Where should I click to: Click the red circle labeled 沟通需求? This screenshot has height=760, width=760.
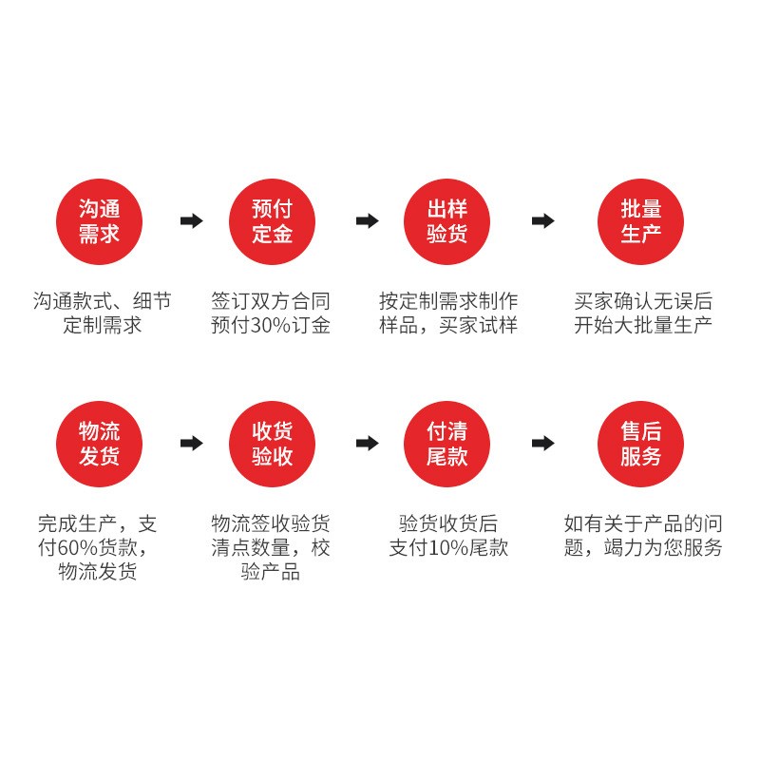(x=99, y=221)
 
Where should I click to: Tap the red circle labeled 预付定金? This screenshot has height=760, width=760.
(x=272, y=221)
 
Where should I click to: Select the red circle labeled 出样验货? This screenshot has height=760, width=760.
(x=447, y=221)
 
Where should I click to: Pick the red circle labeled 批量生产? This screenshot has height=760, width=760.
(x=641, y=221)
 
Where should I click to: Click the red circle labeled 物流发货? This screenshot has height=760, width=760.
(x=99, y=444)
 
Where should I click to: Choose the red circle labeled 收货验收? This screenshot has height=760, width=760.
(x=272, y=444)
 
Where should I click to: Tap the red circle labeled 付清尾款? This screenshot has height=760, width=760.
(x=447, y=444)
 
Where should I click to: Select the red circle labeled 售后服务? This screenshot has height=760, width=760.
(x=641, y=444)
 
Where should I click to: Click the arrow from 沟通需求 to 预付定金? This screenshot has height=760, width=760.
(x=192, y=221)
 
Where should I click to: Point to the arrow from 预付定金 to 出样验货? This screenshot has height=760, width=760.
(x=367, y=221)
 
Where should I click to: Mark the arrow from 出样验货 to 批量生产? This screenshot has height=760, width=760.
(x=542, y=221)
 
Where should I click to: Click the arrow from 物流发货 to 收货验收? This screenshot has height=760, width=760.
(x=192, y=444)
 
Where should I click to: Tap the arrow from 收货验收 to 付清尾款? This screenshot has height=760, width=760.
(x=367, y=444)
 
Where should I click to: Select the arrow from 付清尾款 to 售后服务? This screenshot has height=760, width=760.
(x=542, y=444)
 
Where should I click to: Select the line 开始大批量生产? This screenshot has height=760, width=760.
(x=643, y=326)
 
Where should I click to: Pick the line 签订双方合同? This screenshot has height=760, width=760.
(x=271, y=301)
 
